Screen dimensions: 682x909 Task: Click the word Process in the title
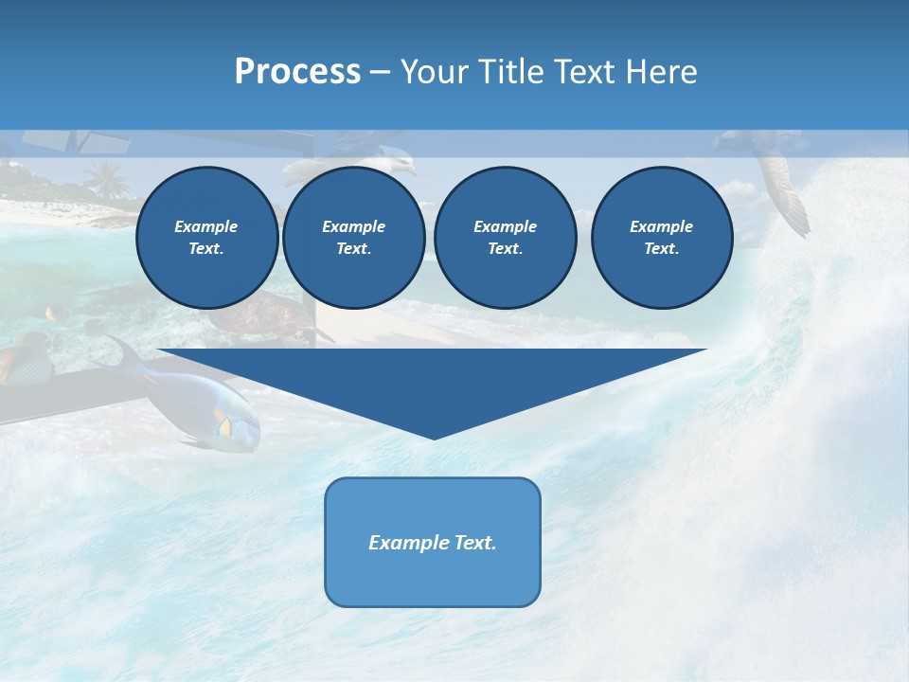point(297,72)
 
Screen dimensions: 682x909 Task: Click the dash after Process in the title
point(380,73)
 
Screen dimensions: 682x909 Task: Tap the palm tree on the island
point(106,178)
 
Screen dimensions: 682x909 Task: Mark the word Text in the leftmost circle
point(205,249)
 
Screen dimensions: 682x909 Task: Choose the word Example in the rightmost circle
point(661,226)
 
